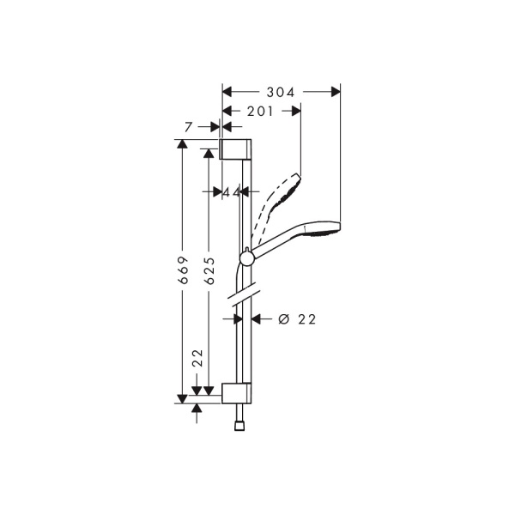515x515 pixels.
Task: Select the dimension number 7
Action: pos(189,127)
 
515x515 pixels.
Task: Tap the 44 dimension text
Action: pos(231,192)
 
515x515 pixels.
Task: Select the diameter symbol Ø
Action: pos(283,318)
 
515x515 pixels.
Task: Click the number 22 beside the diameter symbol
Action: pos(307,318)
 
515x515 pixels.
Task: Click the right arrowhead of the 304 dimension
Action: pos(336,90)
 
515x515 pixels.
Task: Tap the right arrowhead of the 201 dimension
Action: pos(295,110)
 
